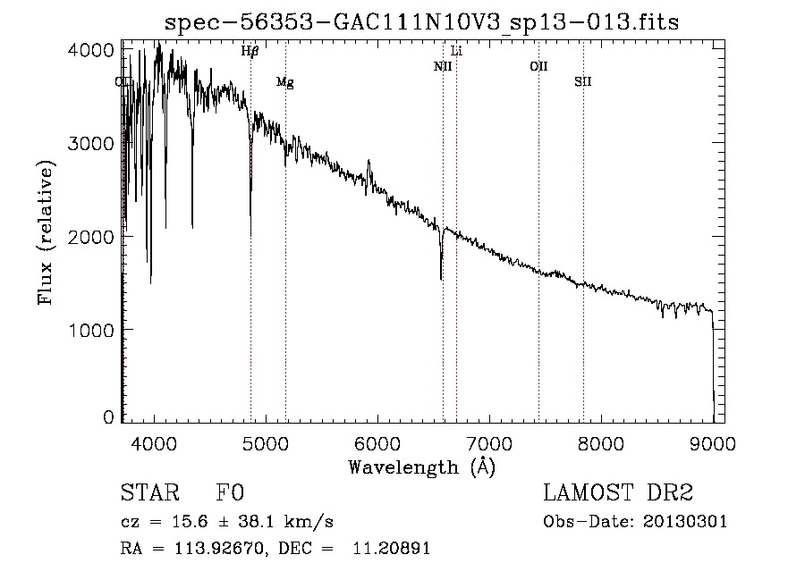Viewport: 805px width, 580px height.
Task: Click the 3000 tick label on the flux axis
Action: tap(90, 144)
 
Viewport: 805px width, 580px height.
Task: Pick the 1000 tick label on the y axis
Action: tap(90, 330)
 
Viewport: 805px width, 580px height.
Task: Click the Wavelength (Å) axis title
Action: tap(421, 467)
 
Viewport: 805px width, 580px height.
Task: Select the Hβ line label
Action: tap(250, 52)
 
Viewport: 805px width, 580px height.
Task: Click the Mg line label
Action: tap(284, 82)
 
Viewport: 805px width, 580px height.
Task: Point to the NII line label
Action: tap(442, 66)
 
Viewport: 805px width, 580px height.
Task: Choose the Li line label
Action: tap(456, 51)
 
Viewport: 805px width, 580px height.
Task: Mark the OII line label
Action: tap(538, 66)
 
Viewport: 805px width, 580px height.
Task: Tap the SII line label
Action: tap(583, 81)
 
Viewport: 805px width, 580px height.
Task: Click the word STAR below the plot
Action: tap(149, 493)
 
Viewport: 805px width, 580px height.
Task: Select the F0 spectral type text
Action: tap(230, 493)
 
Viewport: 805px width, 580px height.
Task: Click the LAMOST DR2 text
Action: tap(618, 493)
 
